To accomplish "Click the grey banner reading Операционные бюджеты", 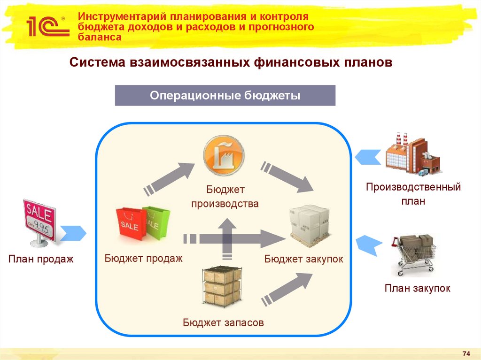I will [x=225, y=95].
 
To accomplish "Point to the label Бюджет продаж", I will [x=143, y=258].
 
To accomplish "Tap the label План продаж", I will [x=41, y=259].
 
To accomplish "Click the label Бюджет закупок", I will [x=303, y=259].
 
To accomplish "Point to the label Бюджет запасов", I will [x=223, y=322].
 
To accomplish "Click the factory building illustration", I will [x=413, y=154].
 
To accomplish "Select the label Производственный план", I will [x=413, y=194].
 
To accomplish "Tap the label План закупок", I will [x=417, y=288].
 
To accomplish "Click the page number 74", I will [x=466, y=353].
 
